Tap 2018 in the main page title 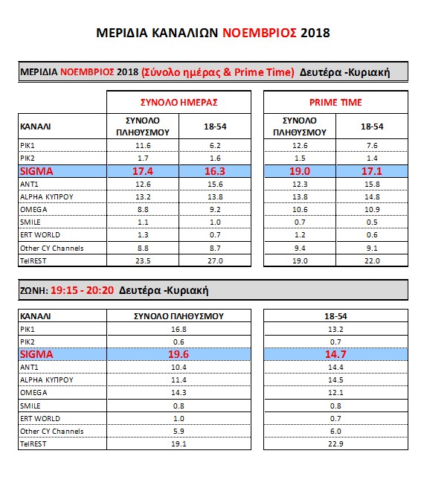(x=315, y=33)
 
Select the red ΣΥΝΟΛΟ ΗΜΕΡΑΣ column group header (x=179, y=103)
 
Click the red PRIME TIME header (x=335, y=103)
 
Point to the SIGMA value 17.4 (x=143, y=171)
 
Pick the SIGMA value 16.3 (x=215, y=171)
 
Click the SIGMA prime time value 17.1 (x=372, y=171)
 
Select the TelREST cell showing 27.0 (x=215, y=261)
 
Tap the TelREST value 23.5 (x=143, y=261)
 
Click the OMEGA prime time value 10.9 (x=372, y=210)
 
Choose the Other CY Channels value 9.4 (x=300, y=248)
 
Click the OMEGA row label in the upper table (x=33, y=210)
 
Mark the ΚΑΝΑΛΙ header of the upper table (x=35, y=126)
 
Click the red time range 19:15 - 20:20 (x=82, y=290)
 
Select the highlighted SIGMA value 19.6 (x=179, y=354)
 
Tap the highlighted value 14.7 (x=335, y=354)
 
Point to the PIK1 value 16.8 (x=179, y=329)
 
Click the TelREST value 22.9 (x=335, y=444)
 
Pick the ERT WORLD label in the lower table (x=39, y=419)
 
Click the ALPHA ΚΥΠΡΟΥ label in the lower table (x=47, y=379)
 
